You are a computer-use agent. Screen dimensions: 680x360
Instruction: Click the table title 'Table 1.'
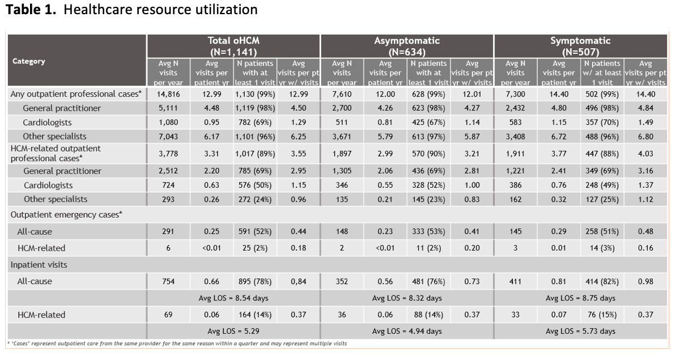[31, 10]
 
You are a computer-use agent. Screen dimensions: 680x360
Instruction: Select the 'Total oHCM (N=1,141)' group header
[233, 46]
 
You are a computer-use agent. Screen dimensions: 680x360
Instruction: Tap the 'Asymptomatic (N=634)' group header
[407, 46]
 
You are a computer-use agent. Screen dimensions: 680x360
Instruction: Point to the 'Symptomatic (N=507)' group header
[580, 46]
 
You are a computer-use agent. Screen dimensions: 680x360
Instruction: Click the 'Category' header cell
[29, 61]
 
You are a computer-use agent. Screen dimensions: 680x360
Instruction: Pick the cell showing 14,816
[168, 94]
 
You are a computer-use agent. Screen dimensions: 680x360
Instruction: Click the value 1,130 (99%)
[255, 94]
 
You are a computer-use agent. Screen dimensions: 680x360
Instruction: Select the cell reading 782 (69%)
[255, 122]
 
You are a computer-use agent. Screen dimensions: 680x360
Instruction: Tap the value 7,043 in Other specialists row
[168, 137]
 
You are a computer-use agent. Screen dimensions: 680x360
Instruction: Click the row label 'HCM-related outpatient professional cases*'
[56, 154]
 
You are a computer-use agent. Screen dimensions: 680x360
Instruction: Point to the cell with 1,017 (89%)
[255, 154]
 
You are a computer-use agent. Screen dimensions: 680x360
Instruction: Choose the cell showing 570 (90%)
[428, 154]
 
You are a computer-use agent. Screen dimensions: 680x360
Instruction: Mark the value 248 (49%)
[602, 185]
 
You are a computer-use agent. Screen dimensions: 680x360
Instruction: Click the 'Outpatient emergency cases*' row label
[66, 215]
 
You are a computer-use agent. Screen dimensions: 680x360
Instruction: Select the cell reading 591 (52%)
[255, 231]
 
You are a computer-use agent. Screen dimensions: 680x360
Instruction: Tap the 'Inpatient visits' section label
[39, 265]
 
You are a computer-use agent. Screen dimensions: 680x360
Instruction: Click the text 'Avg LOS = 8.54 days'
[233, 298]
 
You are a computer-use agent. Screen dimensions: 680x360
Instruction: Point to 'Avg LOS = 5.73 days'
[580, 331]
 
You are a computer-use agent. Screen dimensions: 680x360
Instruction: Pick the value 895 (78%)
[255, 281]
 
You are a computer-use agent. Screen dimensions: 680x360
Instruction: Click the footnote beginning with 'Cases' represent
[177, 344]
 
